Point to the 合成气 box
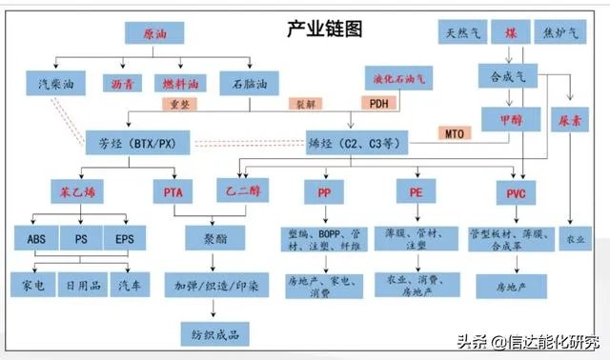[x=508, y=75]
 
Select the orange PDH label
[x=375, y=102]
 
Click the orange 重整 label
[x=186, y=102]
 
